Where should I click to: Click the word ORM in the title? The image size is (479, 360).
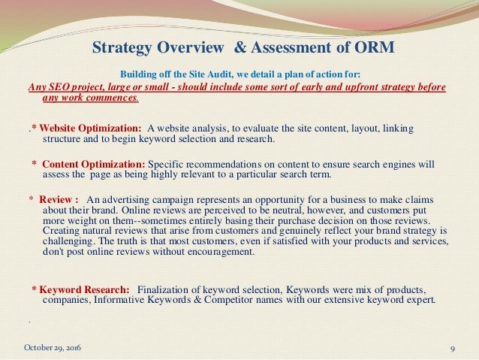point(372,50)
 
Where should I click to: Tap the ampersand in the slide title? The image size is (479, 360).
point(236,50)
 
